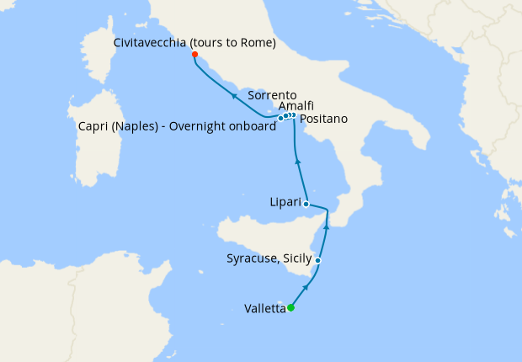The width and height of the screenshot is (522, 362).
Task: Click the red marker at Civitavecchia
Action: click(195, 55)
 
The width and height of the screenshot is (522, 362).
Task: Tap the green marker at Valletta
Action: click(290, 308)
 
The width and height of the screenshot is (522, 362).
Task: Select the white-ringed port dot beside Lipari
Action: click(306, 204)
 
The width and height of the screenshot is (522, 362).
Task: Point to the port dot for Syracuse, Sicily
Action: click(318, 261)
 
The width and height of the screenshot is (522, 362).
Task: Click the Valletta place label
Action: click(263, 309)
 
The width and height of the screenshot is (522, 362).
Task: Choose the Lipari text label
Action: click(285, 203)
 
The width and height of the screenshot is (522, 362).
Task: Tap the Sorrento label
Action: click(274, 94)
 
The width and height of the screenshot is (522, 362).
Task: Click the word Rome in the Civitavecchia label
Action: click(257, 44)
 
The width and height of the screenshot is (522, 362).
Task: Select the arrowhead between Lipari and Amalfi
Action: click(296, 160)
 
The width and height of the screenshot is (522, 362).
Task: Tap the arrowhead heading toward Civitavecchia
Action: click(234, 98)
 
